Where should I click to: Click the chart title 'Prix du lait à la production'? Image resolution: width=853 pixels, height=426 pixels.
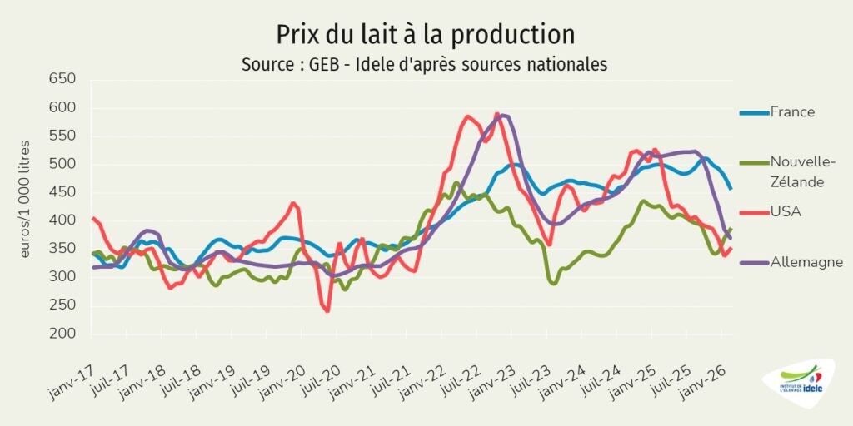[x=426, y=35]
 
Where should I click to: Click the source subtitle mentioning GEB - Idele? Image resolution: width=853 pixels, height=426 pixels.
[x=425, y=63]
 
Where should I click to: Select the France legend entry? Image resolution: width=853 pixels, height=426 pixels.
[x=792, y=111]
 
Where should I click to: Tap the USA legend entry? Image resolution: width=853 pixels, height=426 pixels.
[x=786, y=211]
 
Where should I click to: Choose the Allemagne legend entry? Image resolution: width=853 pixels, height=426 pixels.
[x=806, y=261]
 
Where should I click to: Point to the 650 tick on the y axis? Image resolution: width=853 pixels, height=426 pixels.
[x=62, y=80]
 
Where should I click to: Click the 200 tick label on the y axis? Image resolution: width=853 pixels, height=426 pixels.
[x=62, y=334]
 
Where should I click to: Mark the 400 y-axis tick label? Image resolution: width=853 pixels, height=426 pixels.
[x=62, y=221]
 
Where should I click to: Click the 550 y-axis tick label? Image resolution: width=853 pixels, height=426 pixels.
[x=62, y=136]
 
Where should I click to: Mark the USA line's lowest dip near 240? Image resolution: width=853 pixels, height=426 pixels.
[x=327, y=310]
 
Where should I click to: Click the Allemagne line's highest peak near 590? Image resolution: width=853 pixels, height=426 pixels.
[x=502, y=115]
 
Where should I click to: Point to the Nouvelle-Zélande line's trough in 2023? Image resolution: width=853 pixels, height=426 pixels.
[x=553, y=283]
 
